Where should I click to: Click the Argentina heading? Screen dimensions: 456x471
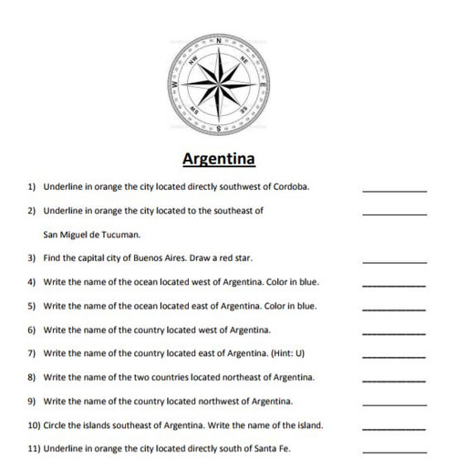[x=219, y=161]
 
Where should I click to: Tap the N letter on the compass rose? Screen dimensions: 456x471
[x=219, y=42]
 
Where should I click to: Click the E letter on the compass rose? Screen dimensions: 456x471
[x=263, y=86]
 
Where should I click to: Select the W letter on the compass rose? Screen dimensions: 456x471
[x=175, y=86]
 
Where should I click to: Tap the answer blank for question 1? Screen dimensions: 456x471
[x=394, y=189]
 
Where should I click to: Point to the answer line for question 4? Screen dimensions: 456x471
[x=394, y=283]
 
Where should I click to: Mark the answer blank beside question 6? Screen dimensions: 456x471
[x=394, y=330]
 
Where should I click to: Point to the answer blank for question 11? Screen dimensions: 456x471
[x=394, y=450]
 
